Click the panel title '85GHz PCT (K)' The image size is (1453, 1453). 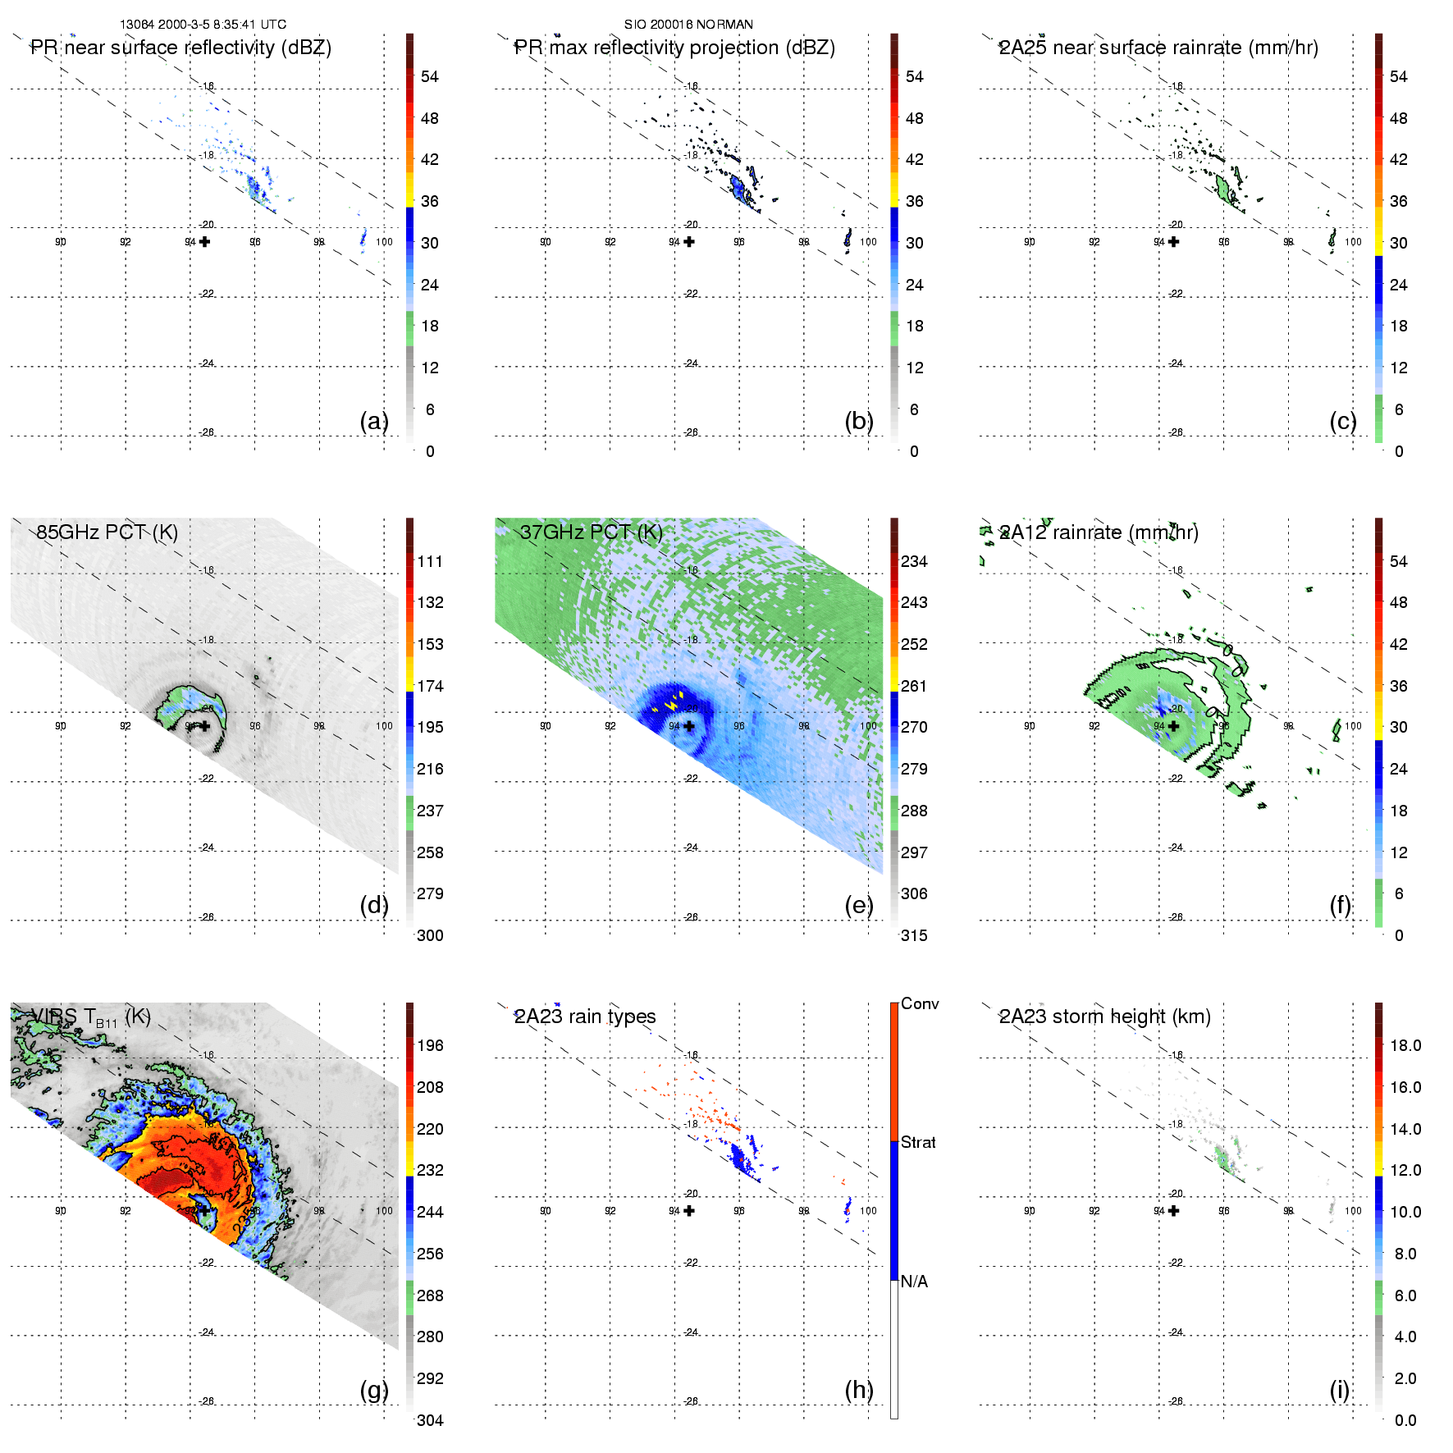pos(107,532)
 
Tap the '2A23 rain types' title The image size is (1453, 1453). pos(585,1017)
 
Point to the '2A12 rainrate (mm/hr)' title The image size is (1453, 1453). pos(1099,532)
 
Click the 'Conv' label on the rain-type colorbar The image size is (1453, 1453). pos(920,1004)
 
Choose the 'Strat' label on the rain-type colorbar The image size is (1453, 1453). pos(918,1143)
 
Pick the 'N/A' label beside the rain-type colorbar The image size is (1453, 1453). pos(914,1282)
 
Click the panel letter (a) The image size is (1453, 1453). pos(374,421)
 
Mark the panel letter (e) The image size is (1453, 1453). pos(859,905)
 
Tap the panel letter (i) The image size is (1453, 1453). pos(1340,1390)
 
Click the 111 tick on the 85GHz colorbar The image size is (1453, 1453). pos(430,562)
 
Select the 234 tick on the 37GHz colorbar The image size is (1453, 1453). pos(914,562)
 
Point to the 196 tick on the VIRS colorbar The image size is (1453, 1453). pos(430,1046)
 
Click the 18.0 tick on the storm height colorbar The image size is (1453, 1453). pos(1405,1046)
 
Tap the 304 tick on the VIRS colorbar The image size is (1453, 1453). pos(430,1420)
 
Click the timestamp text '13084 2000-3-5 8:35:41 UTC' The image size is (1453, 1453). pos(203,25)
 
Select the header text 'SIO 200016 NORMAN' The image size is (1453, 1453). pos(688,25)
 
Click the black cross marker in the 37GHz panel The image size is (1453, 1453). pos(689,726)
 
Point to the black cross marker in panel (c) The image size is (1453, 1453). pos(1174,242)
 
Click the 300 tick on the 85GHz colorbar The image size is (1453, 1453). pos(430,935)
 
